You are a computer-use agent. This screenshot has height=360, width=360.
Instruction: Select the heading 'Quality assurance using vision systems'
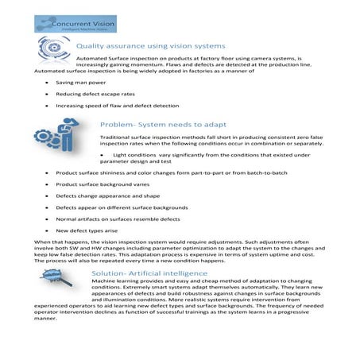(x=151, y=46)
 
